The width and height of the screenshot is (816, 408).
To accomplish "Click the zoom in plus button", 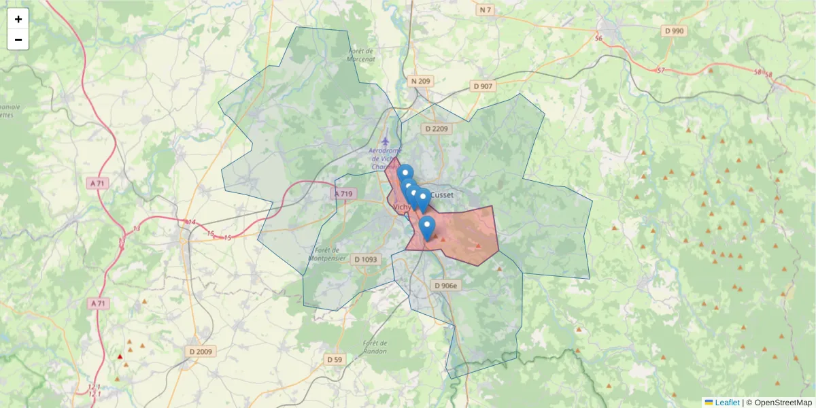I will [x=18, y=19].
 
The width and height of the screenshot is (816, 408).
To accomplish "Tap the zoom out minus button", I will [x=18, y=40].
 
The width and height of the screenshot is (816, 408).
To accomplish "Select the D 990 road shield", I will [x=674, y=31].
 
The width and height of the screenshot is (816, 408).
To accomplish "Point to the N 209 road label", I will [x=420, y=82].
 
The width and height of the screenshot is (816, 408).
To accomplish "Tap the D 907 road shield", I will [x=483, y=86].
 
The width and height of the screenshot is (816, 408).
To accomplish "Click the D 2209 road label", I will [x=437, y=129].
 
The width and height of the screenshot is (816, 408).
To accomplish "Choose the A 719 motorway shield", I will [x=344, y=194].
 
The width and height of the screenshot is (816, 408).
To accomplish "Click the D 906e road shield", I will [x=446, y=286].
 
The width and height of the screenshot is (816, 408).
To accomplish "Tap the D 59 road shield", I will [x=334, y=359].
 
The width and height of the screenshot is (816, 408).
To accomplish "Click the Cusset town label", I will [x=442, y=195].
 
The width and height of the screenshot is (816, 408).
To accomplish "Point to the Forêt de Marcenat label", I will [x=360, y=55].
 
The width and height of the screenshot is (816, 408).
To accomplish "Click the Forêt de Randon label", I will [x=375, y=347].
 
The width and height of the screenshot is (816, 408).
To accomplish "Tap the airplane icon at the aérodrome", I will [x=386, y=141].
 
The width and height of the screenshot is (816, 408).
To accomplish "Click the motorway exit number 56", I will [x=598, y=39].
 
